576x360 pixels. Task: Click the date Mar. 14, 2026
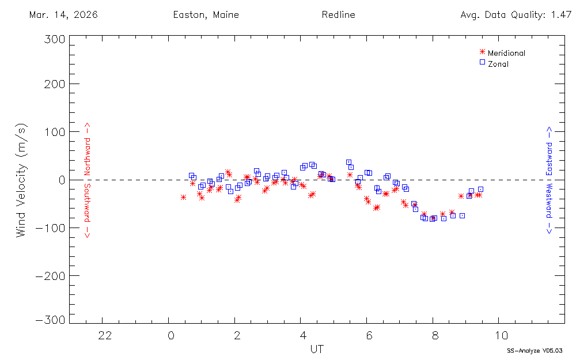tap(63, 15)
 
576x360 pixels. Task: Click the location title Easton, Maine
tap(206, 15)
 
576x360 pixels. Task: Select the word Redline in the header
tap(338, 15)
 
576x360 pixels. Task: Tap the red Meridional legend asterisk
tap(482, 52)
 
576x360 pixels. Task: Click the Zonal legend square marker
tap(482, 62)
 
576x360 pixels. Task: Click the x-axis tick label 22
tap(104, 335)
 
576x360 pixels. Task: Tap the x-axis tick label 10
tap(501, 335)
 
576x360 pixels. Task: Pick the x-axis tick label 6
tap(369, 335)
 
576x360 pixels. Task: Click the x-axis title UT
tap(316, 350)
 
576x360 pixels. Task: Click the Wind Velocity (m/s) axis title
tap(21, 180)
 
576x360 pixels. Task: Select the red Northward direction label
tap(88, 149)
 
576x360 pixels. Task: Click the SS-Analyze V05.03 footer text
tap(534, 350)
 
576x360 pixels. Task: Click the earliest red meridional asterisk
tap(183, 197)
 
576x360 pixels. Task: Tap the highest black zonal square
tap(348, 162)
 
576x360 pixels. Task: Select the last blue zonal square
tap(480, 189)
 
